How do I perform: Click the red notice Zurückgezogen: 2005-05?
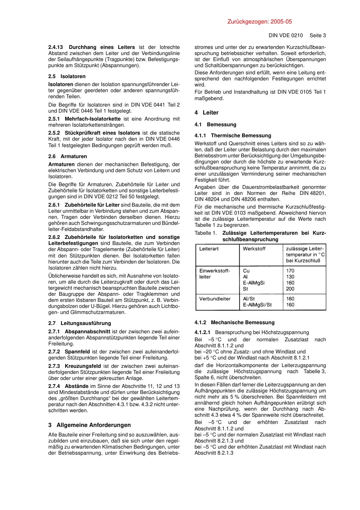click(260, 22)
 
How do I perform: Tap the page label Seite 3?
click(318, 35)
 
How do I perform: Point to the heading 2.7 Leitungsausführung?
click(80, 323)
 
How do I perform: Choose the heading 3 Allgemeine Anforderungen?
click(89, 425)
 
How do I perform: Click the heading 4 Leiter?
click(206, 113)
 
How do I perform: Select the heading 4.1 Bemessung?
click(215, 124)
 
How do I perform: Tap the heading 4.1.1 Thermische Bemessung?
click(233, 135)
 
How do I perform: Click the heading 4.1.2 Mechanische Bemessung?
click(234, 322)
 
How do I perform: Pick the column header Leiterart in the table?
click(209, 249)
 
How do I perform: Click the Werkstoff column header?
click(254, 249)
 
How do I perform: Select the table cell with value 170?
click(290, 271)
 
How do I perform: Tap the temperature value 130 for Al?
click(290, 277)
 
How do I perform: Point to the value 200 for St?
click(290, 289)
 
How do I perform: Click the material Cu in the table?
click(246, 271)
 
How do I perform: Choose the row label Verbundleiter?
click(215, 299)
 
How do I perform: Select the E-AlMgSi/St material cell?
click(257, 305)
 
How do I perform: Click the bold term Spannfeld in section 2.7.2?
click(77, 352)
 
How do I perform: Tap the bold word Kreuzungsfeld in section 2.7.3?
click(83, 366)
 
